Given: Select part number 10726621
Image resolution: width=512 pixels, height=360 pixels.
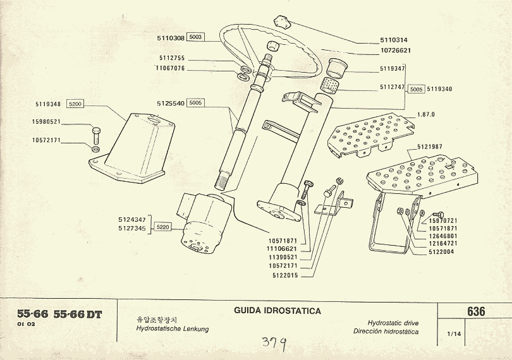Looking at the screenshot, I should (396, 50).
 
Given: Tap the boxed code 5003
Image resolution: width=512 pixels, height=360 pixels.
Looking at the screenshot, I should (195, 38).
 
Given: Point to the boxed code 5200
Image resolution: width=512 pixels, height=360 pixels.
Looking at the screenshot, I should (75, 104).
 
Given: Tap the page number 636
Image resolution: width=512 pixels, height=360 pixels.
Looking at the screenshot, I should (477, 312).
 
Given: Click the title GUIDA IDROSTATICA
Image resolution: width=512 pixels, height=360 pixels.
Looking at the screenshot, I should (277, 311).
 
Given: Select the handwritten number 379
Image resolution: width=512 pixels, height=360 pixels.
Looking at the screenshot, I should (274, 344).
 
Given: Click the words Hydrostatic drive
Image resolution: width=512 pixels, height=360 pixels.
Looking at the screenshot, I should (393, 322).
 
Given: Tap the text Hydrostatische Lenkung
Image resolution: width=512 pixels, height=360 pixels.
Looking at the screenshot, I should (173, 330).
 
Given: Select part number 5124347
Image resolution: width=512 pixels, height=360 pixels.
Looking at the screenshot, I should (132, 219).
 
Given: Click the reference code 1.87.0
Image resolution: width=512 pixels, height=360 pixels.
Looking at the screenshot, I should (427, 114).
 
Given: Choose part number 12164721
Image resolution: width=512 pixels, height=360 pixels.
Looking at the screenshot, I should (442, 243).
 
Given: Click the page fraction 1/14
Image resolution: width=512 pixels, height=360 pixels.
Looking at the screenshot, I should (453, 333).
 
